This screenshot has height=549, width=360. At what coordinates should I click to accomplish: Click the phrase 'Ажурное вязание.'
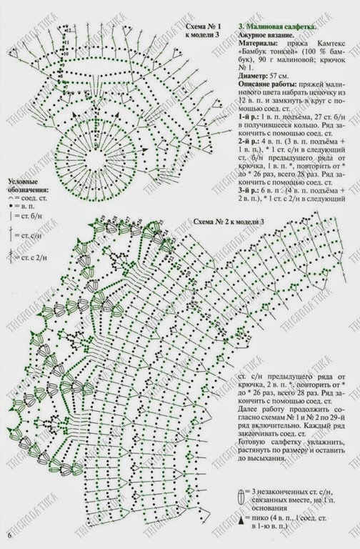pyautogui.click(x=266, y=35)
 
